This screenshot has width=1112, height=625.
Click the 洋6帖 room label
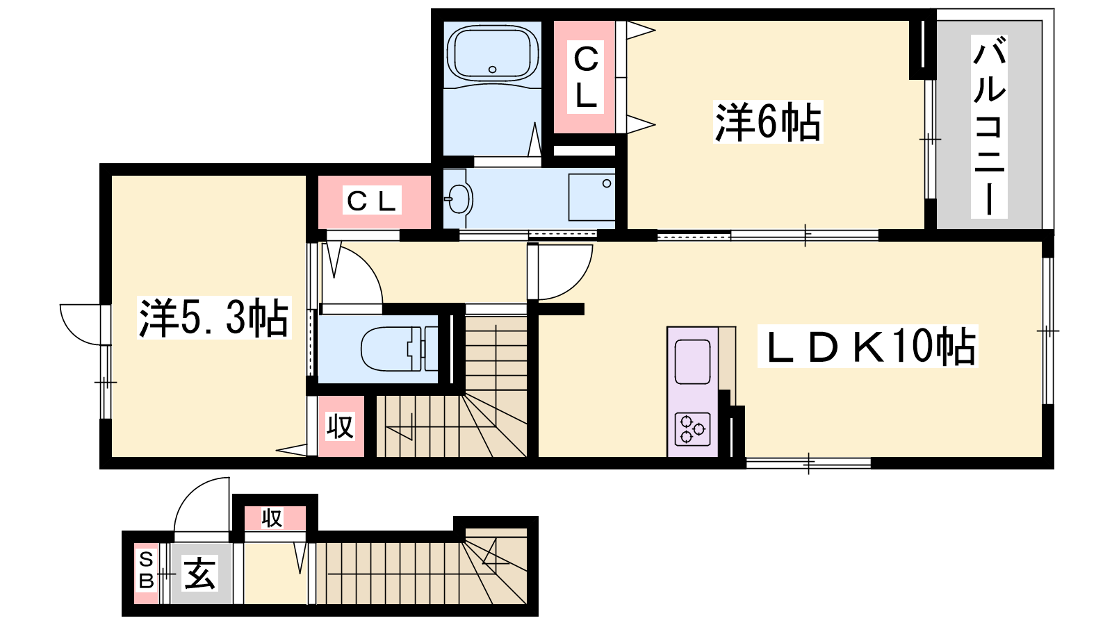tap(767, 122)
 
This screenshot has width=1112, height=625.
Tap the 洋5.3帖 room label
tap(214, 318)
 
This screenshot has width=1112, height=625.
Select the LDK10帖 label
tap(867, 347)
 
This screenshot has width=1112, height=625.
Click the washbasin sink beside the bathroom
tap(459, 199)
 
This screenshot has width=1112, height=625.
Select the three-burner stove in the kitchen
tap(692, 429)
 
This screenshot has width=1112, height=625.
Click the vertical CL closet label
tap(586, 77)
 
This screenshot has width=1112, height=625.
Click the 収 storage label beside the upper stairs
tap(340, 426)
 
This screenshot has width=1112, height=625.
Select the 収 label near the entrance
tap(272, 518)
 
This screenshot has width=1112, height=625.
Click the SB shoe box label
tap(147, 571)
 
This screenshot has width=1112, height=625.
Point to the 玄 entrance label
tap(199, 574)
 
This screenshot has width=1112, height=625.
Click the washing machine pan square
tap(591, 197)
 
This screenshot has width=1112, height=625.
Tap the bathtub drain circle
tap(493, 69)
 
